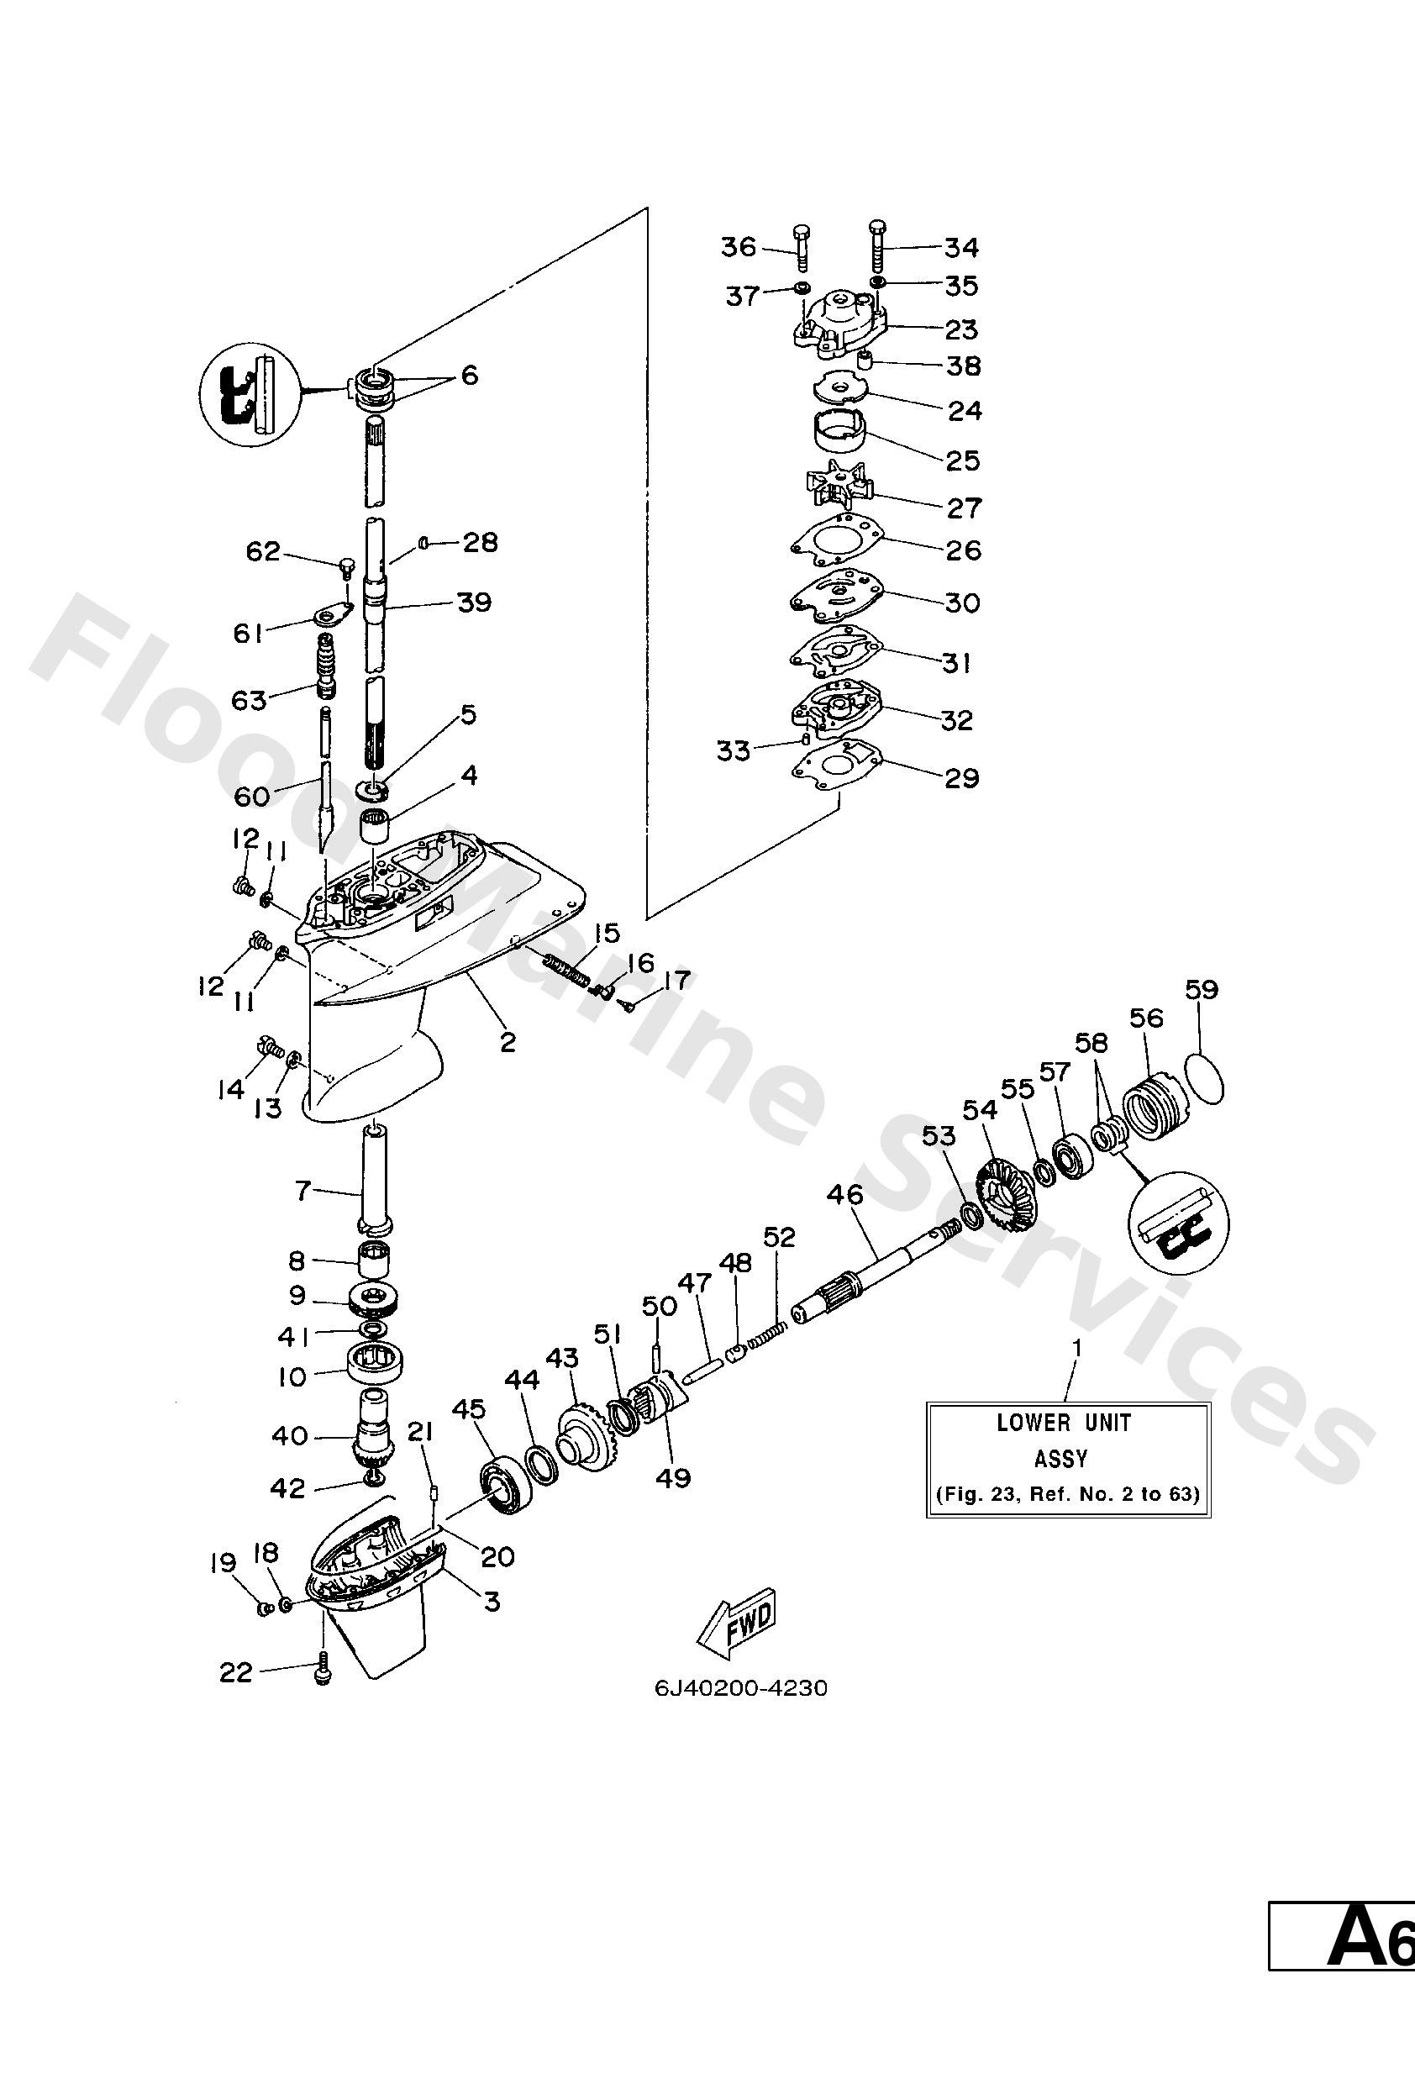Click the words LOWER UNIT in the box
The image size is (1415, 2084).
(x=1064, y=1424)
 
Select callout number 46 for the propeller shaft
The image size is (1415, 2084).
(x=844, y=1195)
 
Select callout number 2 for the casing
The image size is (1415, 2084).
(x=508, y=1042)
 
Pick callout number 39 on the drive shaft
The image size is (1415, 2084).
(x=475, y=602)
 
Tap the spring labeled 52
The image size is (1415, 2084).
(x=771, y=1322)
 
